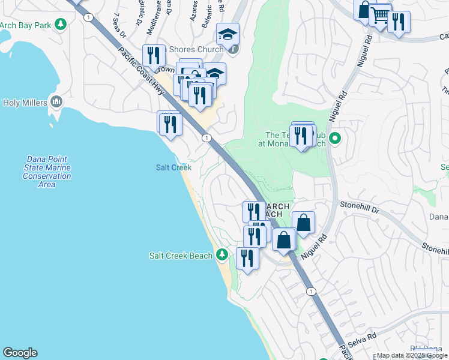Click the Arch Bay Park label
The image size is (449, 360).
25,25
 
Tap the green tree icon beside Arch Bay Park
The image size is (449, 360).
60,25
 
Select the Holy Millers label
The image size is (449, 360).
25,103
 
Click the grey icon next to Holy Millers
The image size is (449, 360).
56,102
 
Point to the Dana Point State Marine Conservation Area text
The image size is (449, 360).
47,172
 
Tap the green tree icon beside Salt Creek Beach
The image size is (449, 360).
222,256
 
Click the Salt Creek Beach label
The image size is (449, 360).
181,256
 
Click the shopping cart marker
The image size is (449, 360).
380,16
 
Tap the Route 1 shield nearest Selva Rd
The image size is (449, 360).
311,292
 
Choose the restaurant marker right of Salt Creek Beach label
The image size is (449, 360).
247,258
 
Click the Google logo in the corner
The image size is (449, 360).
20,353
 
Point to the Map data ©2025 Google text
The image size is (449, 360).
412,355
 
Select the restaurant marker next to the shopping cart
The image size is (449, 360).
399,22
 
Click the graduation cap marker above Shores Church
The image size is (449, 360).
228,34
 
